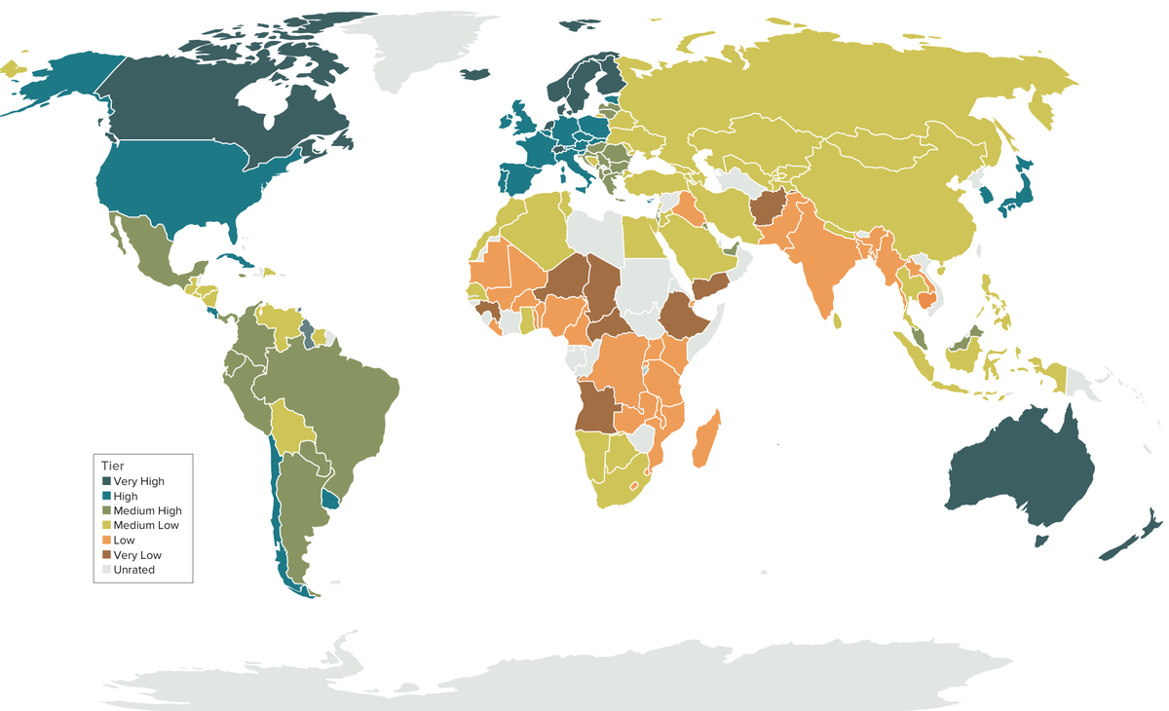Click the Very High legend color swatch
[x=106, y=481]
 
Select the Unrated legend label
[x=134, y=570]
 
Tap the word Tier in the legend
[x=113, y=465]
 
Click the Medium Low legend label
[x=146, y=525]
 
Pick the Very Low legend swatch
[x=106, y=555]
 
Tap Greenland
[x=429, y=49]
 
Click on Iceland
[x=475, y=74]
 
